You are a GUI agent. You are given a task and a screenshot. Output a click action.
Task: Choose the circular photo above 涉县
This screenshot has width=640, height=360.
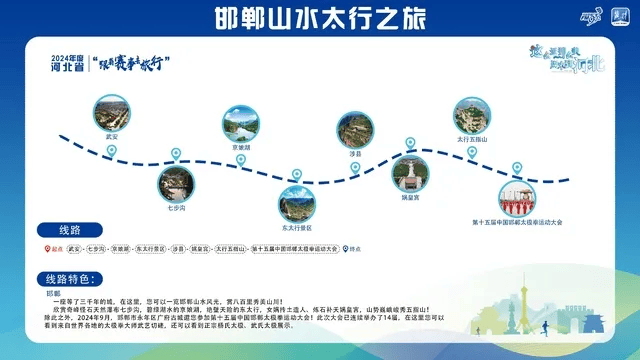click(x=354, y=131)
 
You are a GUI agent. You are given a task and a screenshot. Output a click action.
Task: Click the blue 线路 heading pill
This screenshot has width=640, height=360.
click(x=66, y=229)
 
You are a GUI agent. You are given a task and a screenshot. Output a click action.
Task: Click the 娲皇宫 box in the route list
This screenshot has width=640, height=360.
click(x=200, y=248)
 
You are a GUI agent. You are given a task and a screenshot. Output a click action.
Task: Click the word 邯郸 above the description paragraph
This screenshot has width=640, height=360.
click(x=55, y=293)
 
